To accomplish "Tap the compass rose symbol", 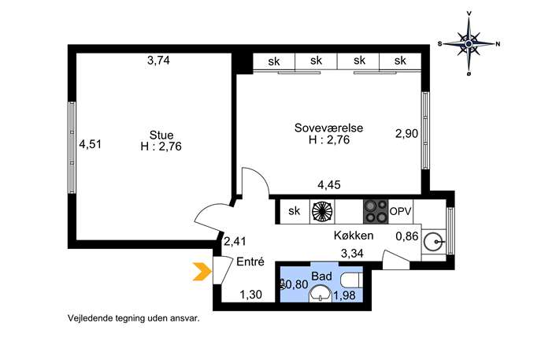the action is click(x=469, y=44).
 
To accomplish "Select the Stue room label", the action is click(x=161, y=135).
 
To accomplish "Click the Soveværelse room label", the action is click(x=328, y=128).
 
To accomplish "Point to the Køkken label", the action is click(x=354, y=236).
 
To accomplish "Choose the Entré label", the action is click(x=250, y=262).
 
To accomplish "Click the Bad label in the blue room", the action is click(x=321, y=276).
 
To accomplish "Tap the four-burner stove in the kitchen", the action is click(x=376, y=211).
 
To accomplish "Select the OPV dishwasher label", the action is click(x=401, y=211).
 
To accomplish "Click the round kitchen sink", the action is click(x=433, y=242).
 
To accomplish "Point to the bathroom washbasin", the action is click(x=321, y=295).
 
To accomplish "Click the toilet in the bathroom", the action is click(x=351, y=280).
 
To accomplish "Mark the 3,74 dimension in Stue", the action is click(x=159, y=61).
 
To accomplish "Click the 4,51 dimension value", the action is click(x=91, y=144).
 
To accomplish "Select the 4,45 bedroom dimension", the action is click(x=329, y=185).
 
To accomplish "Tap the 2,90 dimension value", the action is click(x=407, y=133).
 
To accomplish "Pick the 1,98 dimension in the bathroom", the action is click(x=344, y=295).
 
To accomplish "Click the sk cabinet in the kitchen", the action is click(x=295, y=211).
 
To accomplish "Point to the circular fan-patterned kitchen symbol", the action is click(x=322, y=211).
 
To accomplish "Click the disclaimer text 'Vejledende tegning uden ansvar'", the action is click(x=134, y=318).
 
